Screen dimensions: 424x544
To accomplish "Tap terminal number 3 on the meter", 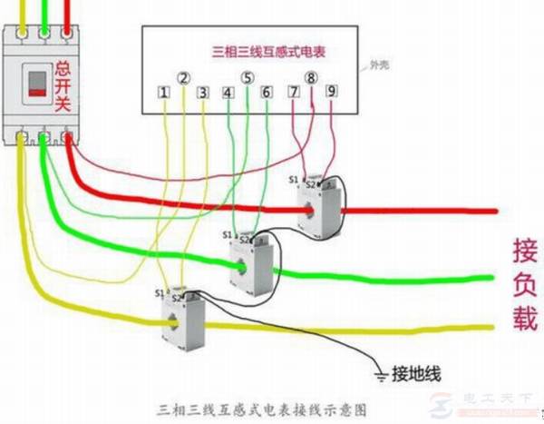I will pyautogui.click(x=204, y=93).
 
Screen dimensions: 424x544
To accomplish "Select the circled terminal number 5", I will pyautogui.click(x=248, y=78).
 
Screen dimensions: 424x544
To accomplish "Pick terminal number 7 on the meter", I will pyautogui.click(x=293, y=92).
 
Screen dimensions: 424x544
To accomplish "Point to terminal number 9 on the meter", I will pyautogui.click(x=331, y=92).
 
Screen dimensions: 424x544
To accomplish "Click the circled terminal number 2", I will pyautogui.click(x=184, y=78).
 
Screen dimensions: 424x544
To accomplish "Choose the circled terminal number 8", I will pyautogui.click(x=312, y=78).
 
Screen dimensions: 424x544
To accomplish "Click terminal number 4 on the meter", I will pyautogui.click(x=228, y=93).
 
